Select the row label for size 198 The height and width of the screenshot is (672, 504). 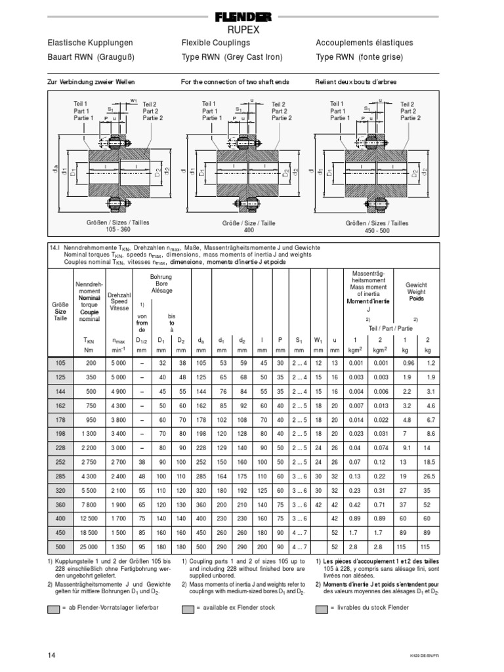click(x=60, y=453)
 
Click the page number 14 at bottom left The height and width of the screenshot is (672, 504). click(x=52, y=655)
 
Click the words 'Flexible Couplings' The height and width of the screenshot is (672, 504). click(x=216, y=43)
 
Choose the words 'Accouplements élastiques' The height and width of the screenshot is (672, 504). click(x=364, y=43)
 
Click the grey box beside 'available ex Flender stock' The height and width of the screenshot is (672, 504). click(x=188, y=608)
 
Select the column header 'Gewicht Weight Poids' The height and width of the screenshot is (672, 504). click(x=417, y=291)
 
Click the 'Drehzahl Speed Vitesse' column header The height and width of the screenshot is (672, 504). click(x=119, y=302)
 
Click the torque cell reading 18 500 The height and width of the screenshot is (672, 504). click(x=90, y=532)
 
